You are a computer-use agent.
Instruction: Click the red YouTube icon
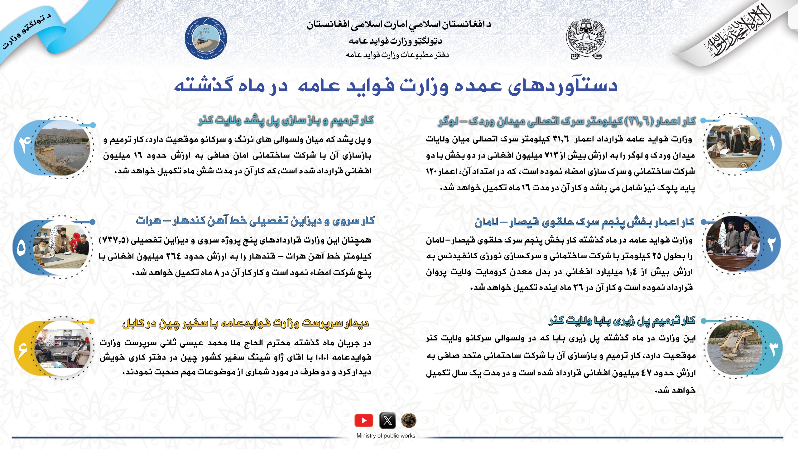click(x=363, y=421)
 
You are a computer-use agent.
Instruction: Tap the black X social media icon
click(x=387, y=421)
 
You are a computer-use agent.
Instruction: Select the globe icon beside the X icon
click(x=409, y=421)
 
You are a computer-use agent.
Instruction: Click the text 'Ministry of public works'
click(x=386, y=436)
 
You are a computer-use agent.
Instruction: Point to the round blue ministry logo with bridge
click(x=206, y=39)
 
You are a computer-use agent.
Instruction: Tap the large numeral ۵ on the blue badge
click(x=21, y=248)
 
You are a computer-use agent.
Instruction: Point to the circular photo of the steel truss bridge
click(x=62, y=148)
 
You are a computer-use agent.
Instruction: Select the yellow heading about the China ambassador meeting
click(x=246, y=323)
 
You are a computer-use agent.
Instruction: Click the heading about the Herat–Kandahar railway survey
click(x=255, y=221)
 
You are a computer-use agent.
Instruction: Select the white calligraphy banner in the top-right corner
click(x=742, y=34)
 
